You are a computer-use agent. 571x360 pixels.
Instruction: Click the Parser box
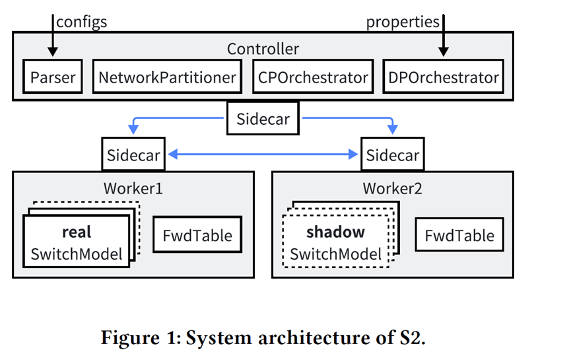click(53, 78)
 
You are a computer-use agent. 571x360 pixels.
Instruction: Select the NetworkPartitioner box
click(167, 78)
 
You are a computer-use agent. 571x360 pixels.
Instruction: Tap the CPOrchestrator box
click(312, 78)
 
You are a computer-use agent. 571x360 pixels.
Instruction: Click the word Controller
click(263, 49)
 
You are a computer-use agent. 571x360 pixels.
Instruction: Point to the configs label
click(82, 22)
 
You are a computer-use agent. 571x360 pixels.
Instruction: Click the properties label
click(403, 22)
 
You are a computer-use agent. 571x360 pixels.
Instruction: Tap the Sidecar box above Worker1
click(133, 155)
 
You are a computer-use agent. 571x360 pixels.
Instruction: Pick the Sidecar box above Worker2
click(393, 155)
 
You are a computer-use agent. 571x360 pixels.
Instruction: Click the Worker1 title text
click(133, 188)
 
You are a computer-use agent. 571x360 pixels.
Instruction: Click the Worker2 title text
click(392, 188)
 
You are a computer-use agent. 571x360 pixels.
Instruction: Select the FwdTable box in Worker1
click(193, 235)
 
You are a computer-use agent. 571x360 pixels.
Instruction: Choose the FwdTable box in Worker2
click(455, 235)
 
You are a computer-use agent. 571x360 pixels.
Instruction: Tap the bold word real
click(77, 233)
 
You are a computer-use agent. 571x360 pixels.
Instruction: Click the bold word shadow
click(335, 233)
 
